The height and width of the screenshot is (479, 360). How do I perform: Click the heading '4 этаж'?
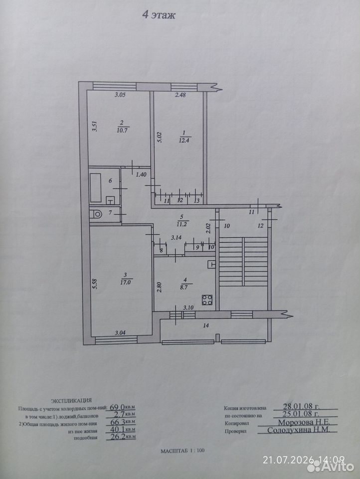pos(159,15)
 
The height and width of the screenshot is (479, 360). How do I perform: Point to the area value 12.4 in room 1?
pos(184,141)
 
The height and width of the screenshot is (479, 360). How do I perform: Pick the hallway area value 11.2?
pos(181,224)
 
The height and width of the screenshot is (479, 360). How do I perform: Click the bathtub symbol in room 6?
pos(96,188)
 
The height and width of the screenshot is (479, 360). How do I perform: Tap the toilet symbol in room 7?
pos(96,214)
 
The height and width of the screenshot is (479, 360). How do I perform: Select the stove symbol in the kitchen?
pos(207,300)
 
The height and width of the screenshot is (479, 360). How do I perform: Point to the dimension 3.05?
pos(120,95)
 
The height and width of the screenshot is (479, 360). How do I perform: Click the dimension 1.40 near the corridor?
pos(141,175)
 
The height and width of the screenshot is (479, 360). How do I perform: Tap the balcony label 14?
pos(206,326)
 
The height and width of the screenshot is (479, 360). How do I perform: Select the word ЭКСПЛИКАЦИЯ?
pos(71,401)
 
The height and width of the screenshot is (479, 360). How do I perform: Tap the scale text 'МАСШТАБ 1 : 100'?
pos(182,451)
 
